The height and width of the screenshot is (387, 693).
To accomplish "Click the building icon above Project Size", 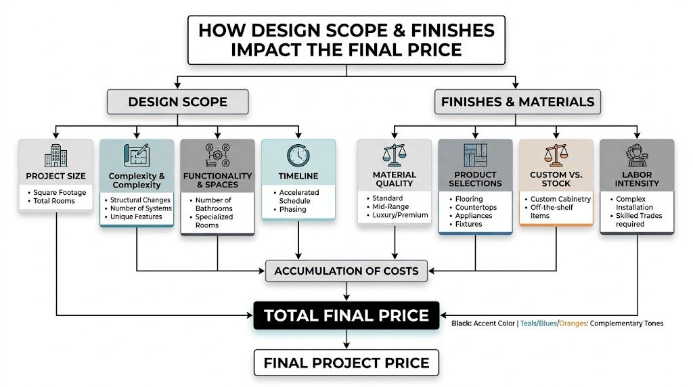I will tap(55, 156).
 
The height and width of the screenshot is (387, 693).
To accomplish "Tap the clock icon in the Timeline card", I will tap(298, 156).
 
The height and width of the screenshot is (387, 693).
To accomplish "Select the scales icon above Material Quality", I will tap(394, 155).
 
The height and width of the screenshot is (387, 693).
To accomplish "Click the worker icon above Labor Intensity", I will tap(637, 154).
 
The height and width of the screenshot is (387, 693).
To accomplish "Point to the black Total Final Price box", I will tap(346, 315).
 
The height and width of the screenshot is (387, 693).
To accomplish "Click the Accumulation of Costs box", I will tap(346, 271).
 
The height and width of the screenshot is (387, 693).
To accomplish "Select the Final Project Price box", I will tap(346, 363).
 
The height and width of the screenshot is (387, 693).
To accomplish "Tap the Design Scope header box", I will tap(177, 102).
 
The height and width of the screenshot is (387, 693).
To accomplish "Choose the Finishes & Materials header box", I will tap(518, 102).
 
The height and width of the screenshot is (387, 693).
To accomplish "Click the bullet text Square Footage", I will tap(58, 192).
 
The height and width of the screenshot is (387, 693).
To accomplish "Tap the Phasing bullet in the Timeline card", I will tap(292, 209).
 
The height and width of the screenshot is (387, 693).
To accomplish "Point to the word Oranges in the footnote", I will tap(572, 323).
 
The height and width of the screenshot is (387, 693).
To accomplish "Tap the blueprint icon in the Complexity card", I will tap(135, 155).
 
